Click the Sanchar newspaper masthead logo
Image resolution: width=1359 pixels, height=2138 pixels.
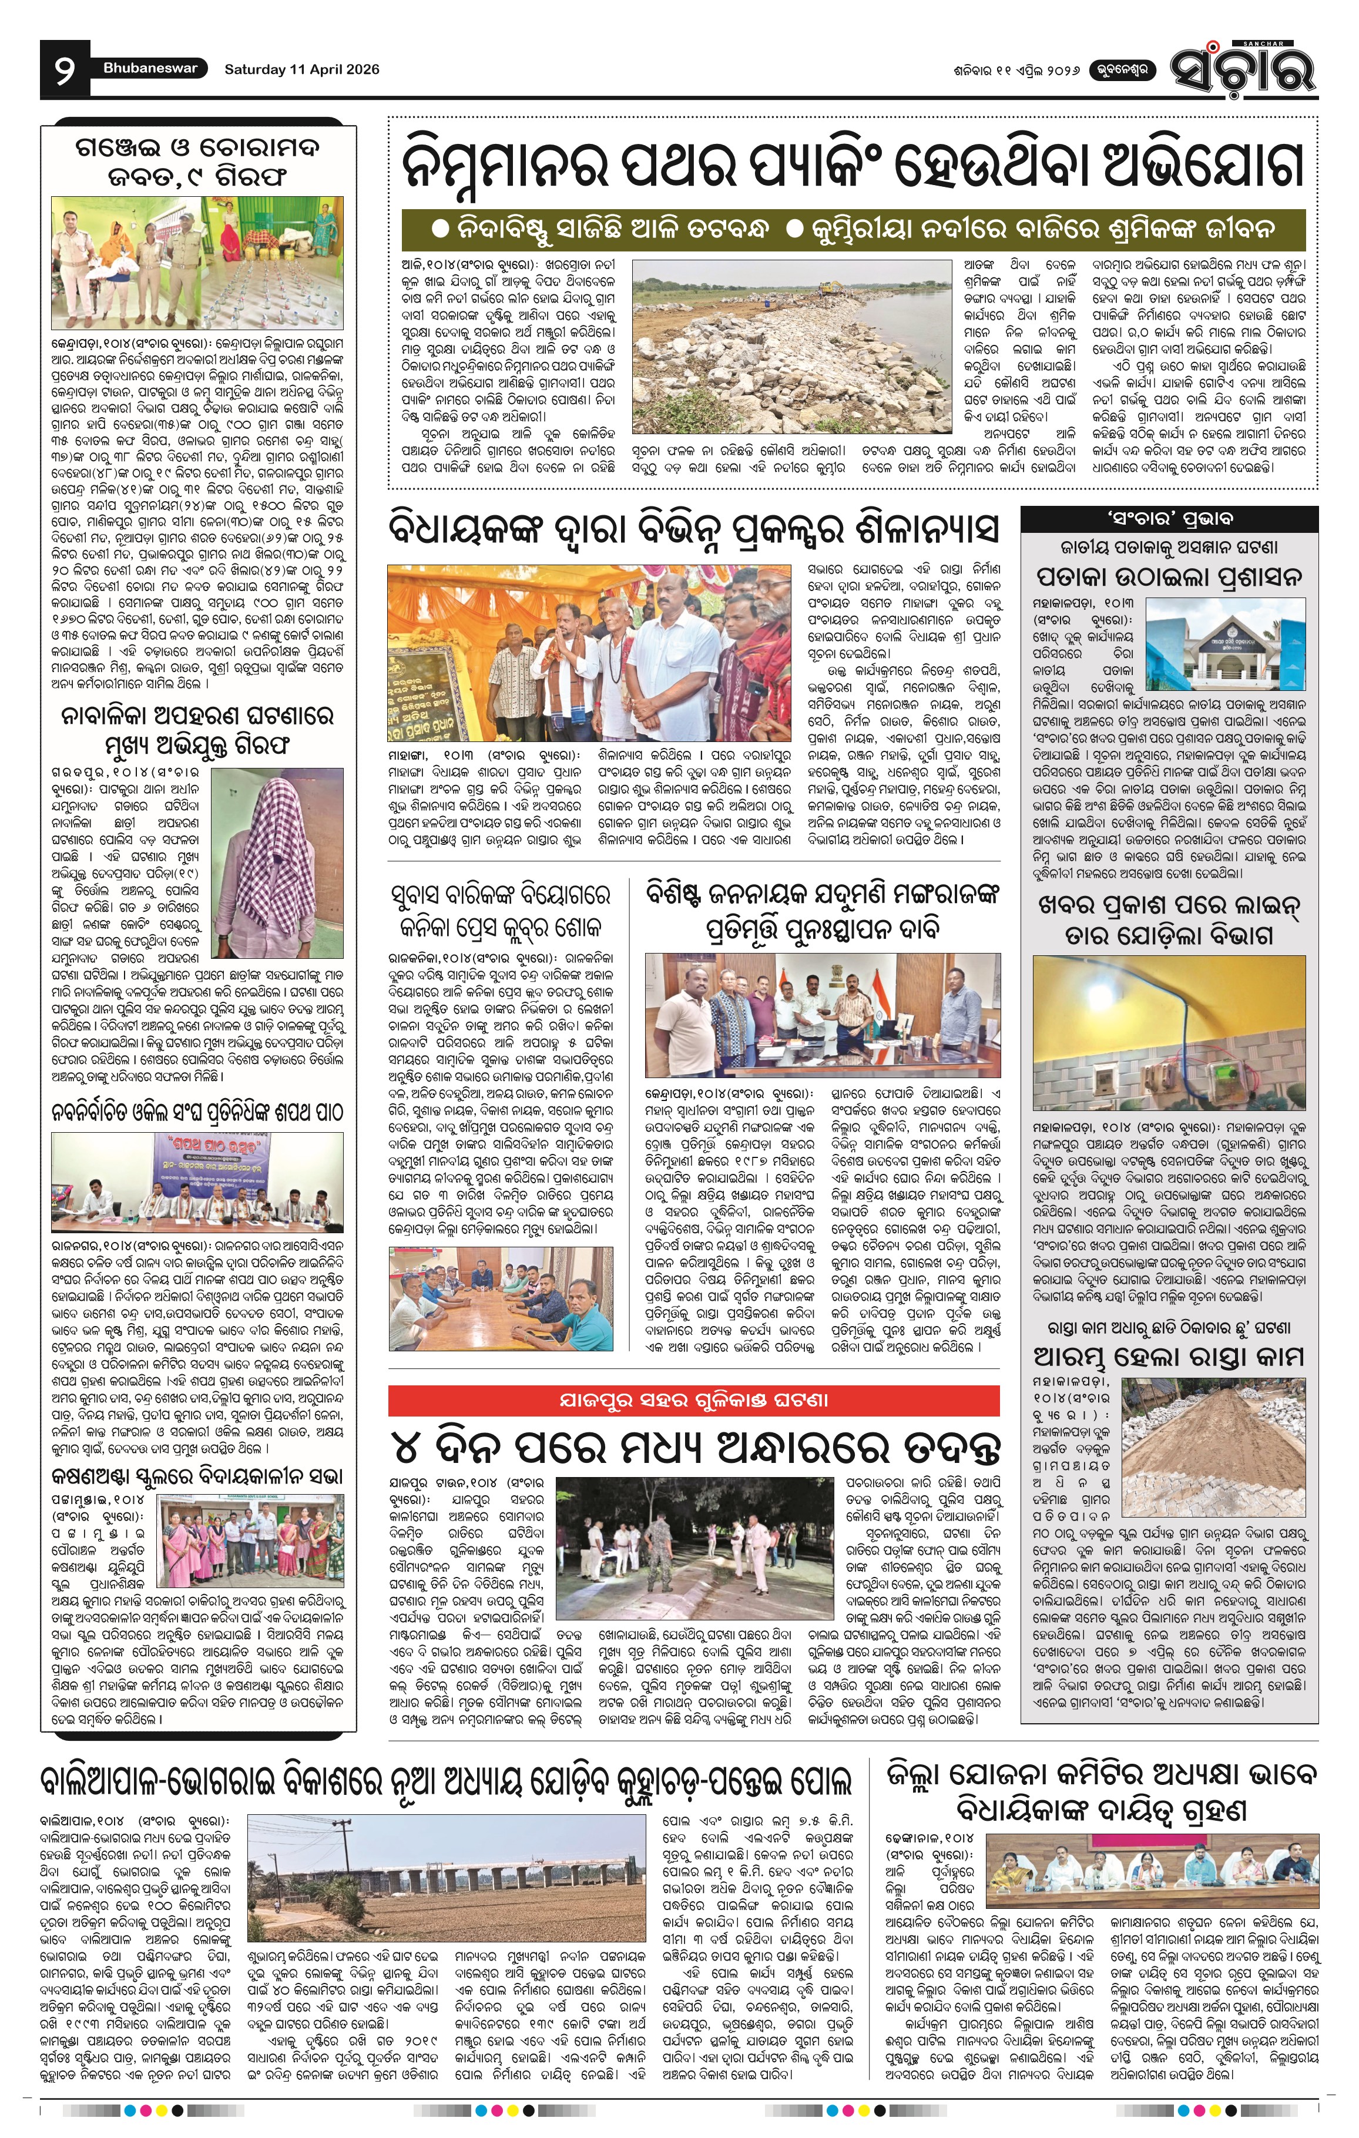tap(1242, 68)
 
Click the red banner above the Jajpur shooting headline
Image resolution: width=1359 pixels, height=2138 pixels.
tap(693, 1400)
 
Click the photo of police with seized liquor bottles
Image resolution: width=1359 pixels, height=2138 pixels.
tap(198, 263)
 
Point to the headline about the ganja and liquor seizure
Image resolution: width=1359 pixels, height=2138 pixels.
tap(198, 161)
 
